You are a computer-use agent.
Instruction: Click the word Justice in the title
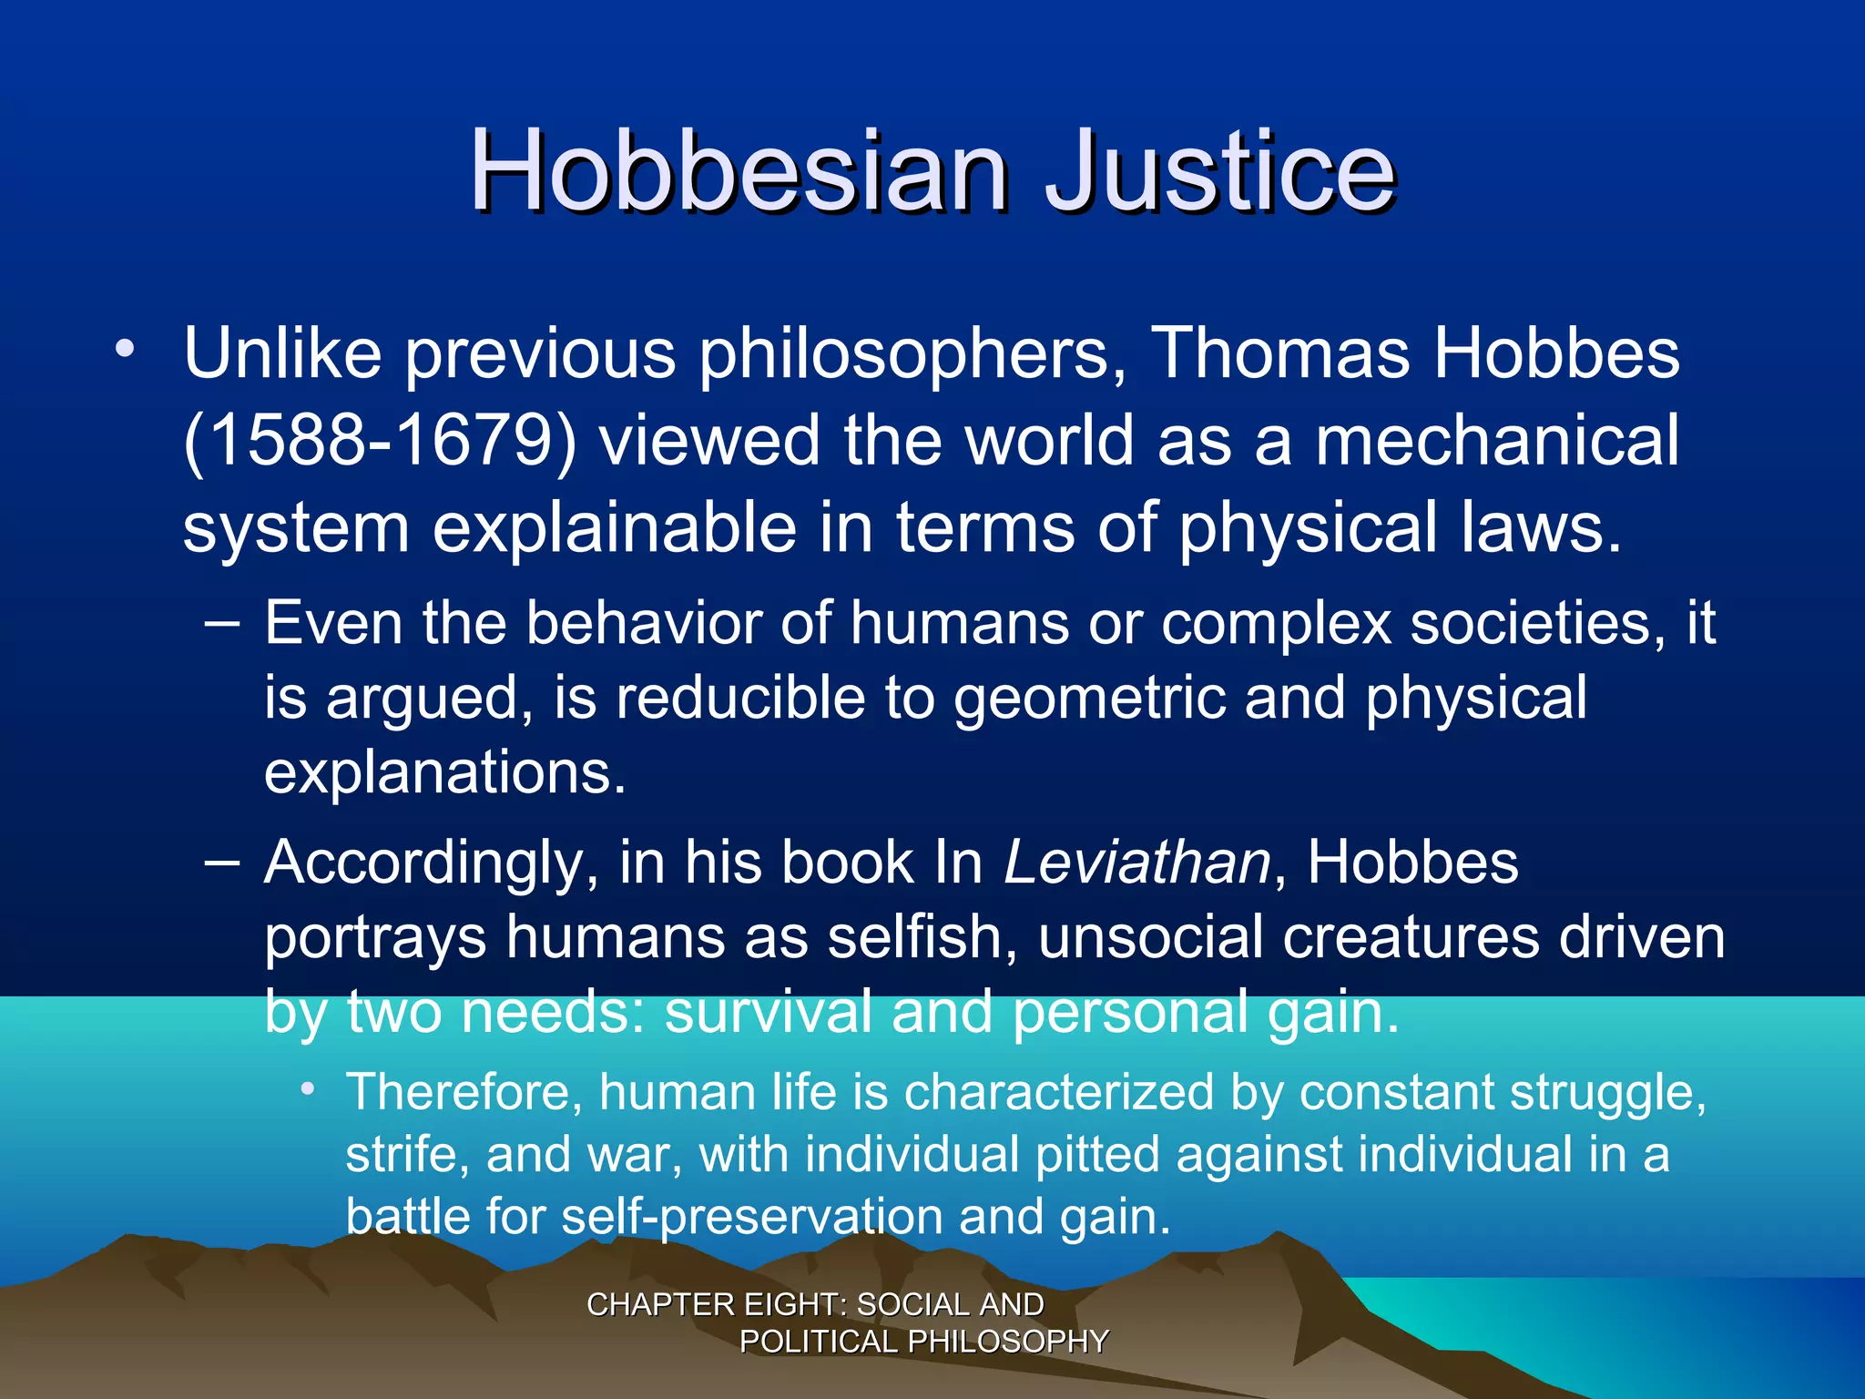[x=1220, y=170]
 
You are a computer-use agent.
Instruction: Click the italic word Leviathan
[x=1136, y=862]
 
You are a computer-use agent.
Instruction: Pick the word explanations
[x=445, y=773]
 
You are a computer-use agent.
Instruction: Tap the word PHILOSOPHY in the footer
[x=1008, y=1342]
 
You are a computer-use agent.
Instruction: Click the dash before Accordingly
[x=222, y=861]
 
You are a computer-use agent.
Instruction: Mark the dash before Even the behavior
[x=222, y=623]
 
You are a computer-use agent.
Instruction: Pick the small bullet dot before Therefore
[x=310, y=1088]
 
